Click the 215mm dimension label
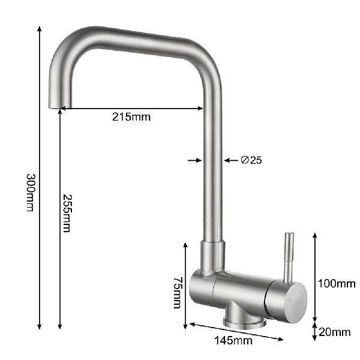[131, 117]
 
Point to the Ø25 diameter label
[250, 160]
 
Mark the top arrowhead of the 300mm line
[40, 29]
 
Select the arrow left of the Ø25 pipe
[197, 160]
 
